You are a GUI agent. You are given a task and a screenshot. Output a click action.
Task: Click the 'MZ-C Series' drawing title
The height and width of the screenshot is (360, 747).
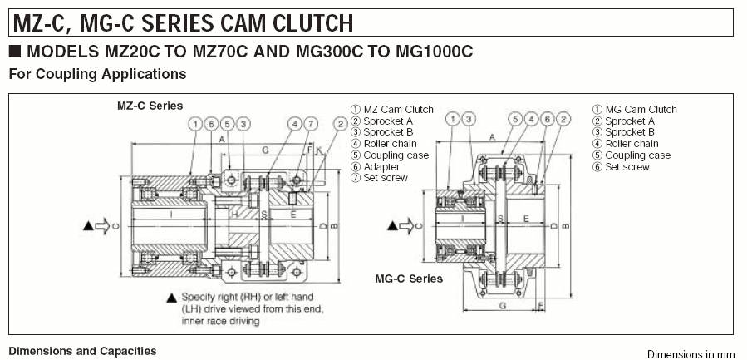(150, 106)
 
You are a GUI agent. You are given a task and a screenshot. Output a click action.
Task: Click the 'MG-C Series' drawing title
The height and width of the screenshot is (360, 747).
(409, 279)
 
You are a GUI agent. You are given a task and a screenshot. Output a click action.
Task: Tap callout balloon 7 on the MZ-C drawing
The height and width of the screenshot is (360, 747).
(310, 125)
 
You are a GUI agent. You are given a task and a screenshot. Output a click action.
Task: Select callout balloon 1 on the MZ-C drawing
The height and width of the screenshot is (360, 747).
(194, 125)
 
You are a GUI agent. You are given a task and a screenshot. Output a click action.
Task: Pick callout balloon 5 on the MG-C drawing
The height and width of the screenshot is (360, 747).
(516, 119)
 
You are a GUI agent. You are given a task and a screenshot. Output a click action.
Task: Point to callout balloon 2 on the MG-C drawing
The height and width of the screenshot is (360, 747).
(563, 119)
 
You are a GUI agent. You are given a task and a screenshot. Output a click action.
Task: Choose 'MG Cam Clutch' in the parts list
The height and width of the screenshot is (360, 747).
(641, 110)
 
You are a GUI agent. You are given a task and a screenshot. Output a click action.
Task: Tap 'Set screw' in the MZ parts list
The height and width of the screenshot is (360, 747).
(386, 178)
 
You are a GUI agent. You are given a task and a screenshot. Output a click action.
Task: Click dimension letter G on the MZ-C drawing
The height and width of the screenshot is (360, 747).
(264, 150)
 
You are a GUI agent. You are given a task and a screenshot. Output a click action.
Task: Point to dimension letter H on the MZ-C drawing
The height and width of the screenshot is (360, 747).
(234, 214)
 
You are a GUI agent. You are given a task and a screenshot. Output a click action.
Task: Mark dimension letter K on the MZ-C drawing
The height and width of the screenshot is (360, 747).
(318, 150)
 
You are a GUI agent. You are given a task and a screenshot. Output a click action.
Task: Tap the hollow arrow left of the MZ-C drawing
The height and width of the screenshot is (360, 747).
(102, 225)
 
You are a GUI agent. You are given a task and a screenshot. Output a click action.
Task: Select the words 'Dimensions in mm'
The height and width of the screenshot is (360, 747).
(690, 353)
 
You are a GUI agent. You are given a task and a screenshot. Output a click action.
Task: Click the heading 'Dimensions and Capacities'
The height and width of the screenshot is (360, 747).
(82, 352)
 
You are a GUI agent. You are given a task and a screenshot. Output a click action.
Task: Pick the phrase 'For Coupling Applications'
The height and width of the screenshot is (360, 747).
(97, 74)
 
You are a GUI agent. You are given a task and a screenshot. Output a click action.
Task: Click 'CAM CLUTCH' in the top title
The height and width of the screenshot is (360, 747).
(273, 22)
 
